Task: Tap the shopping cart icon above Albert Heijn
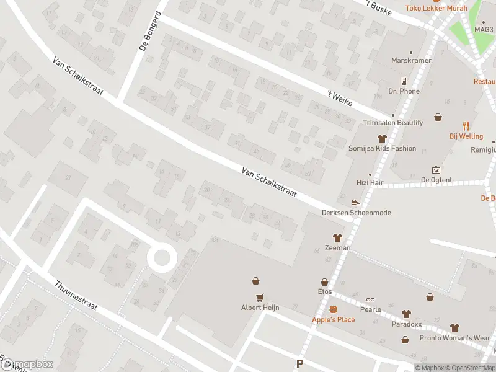pos(261,297)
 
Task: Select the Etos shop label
pos(325,291)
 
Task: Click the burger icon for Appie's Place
pos(333,309)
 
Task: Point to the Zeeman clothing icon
pos(337,237)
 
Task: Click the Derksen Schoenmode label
pos(356,213)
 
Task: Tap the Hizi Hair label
pos(371,184)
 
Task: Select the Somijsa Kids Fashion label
pos(382,149)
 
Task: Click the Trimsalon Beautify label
pos(392,123)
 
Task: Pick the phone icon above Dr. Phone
pos(404,81)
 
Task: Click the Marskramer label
pos(406,61)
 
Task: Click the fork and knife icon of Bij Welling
pos(466,125)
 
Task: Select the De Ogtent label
pos(436,180)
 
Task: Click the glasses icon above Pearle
pos(371,299)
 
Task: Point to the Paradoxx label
pos(406,324)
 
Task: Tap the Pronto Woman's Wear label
pos(454,338)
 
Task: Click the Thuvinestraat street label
pos(79,296)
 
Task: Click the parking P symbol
pos(300,365)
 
